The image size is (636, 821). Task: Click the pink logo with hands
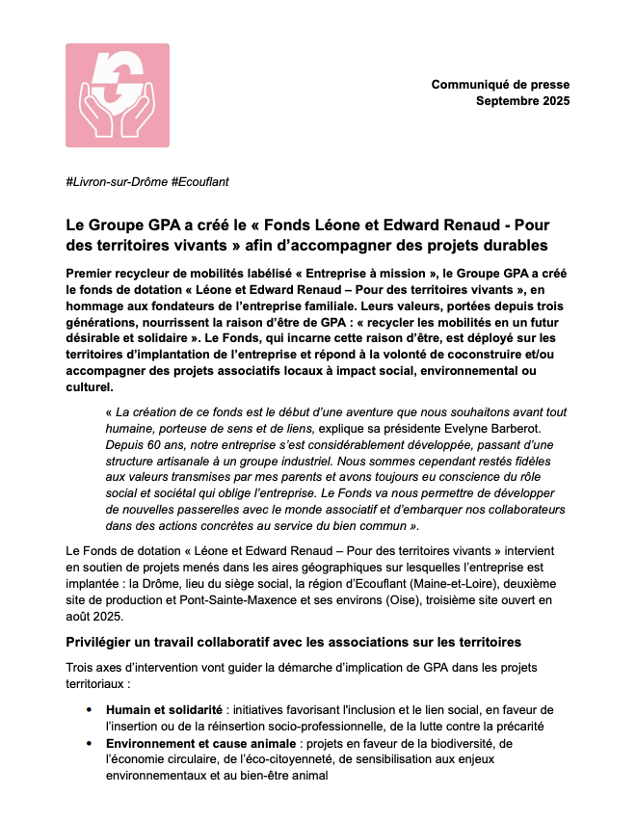118,95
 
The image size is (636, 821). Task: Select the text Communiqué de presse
500,85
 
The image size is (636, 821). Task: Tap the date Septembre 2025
523,101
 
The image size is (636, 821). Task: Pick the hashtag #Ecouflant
199,182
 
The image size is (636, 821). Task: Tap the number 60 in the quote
165,446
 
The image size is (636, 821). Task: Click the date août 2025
92,615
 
